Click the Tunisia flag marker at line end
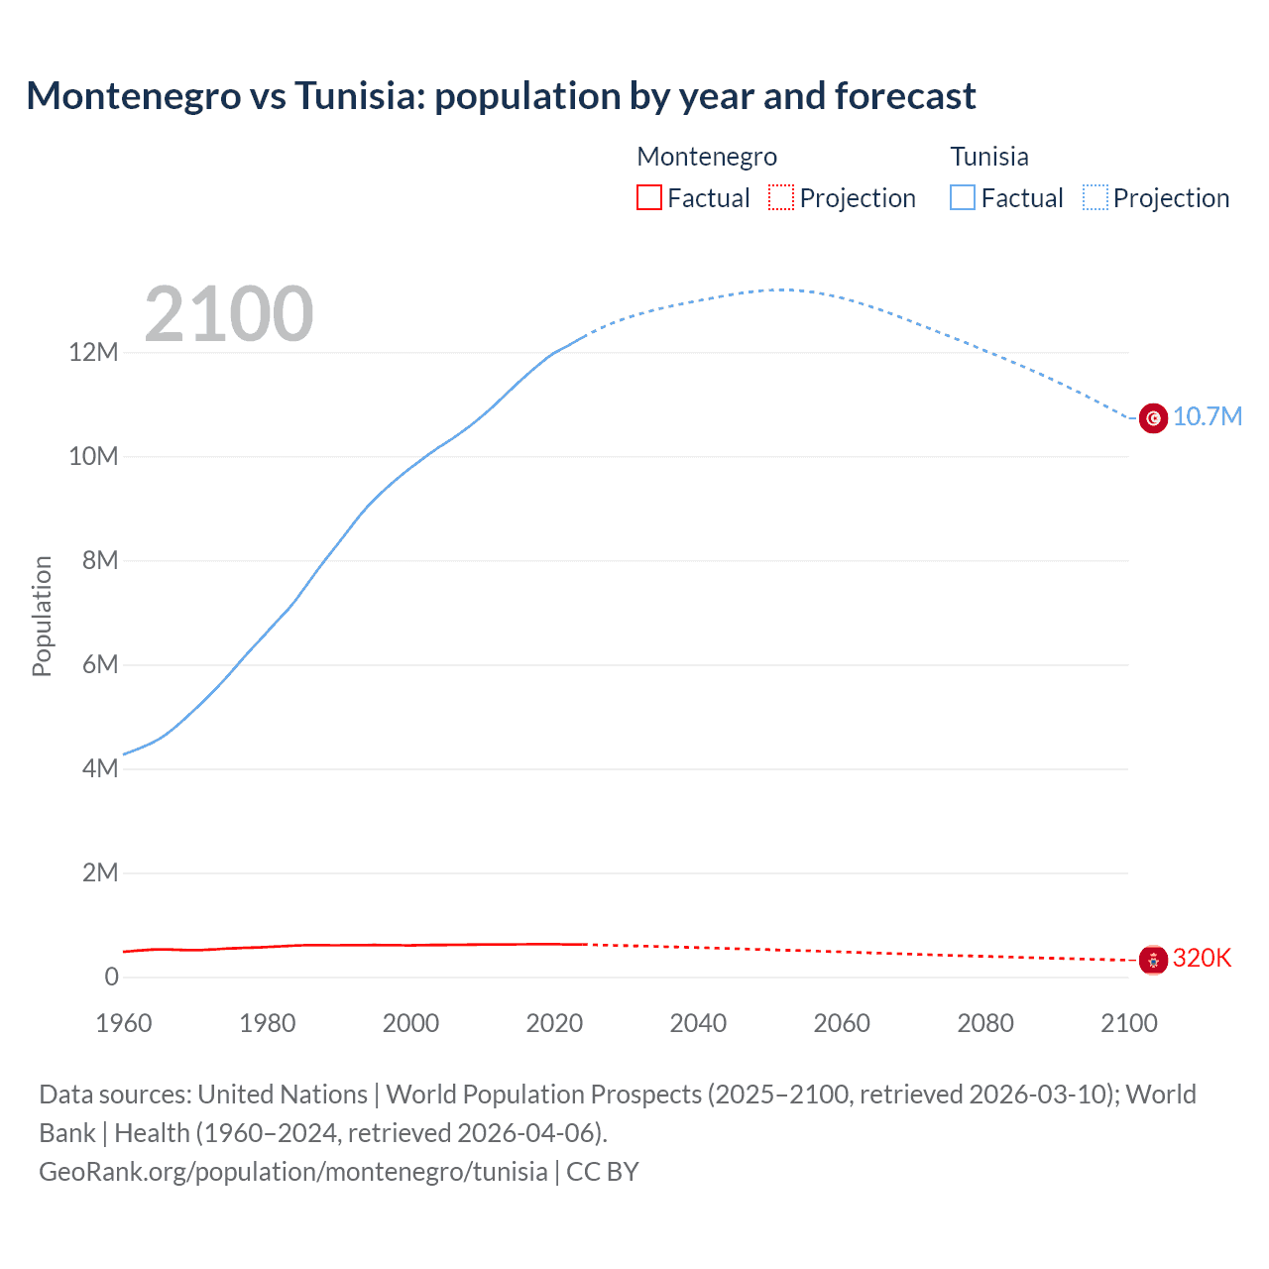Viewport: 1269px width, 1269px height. point(1153,418)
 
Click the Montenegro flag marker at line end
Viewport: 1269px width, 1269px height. point(1153,960)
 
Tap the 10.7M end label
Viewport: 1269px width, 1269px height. point(1207,416)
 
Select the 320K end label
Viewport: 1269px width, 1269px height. point(1202,958)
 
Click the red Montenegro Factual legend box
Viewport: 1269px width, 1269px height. point(648,197)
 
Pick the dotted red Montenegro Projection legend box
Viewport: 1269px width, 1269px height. point(781,197)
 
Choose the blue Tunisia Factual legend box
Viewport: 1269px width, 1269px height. point(962,197)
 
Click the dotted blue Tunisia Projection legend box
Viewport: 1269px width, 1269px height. point(1095,197)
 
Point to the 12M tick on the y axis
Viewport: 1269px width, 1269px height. point(93,353)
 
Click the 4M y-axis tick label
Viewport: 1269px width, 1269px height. point(99,768)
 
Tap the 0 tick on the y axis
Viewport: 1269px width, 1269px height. point(111,977)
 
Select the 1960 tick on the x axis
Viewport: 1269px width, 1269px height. point(124,1023)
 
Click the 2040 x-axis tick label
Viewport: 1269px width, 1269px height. point(698,1023)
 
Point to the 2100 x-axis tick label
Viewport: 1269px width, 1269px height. point(1128,1023)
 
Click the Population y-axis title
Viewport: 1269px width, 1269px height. point(42,616)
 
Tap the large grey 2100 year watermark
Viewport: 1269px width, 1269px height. point(229,314)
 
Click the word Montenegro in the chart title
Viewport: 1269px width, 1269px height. point(134,96)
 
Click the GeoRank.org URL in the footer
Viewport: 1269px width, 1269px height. point(292,1172)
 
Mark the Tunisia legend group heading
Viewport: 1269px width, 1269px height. point(988,157)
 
